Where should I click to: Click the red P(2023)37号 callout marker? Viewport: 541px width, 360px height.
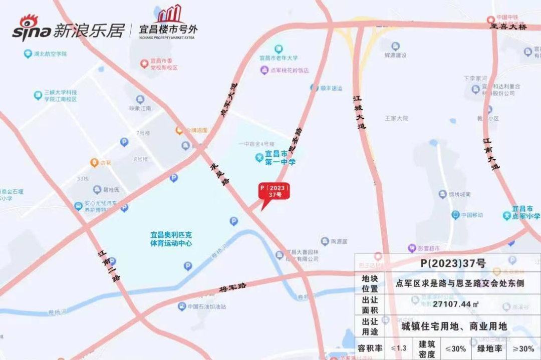pos(274,191)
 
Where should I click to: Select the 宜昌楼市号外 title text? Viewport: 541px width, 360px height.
pos(168,30)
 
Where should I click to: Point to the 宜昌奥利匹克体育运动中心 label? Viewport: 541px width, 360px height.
pos(171,239)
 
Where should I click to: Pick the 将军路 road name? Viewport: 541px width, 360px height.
pos(233,288)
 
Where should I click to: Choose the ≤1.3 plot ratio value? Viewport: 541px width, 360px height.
pos(399,348)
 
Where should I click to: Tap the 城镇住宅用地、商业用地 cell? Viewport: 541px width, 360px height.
pos(454,326)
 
